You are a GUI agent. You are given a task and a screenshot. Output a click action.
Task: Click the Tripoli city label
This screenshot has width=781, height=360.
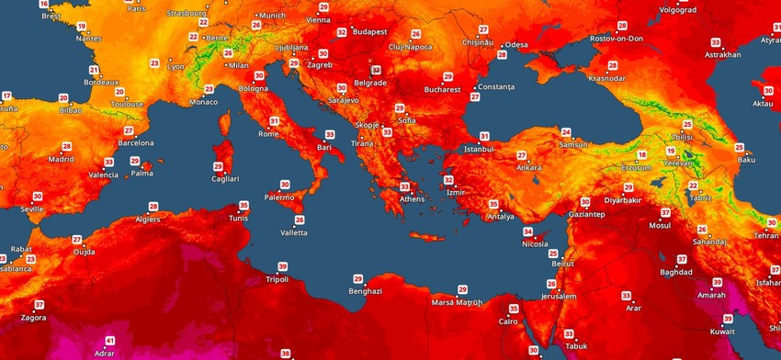click(x=277, y=279)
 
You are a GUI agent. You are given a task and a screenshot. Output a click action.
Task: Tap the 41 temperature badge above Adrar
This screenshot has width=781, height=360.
click(x=110, y=341)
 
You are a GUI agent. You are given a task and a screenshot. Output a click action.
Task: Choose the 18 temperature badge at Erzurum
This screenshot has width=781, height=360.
click(x=642, y=155)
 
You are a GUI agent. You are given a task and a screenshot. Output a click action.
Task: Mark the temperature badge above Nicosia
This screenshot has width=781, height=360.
click(x=528, y=231)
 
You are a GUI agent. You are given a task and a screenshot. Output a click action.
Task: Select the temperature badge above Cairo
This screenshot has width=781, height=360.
click(x=514, y=309)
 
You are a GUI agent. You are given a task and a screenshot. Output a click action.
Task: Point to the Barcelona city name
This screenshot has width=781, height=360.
click(x=135, y=143)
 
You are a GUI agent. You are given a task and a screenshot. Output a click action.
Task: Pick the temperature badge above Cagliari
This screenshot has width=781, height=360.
click(x=219, y=166)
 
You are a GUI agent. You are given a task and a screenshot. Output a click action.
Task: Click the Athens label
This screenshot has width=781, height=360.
click(x=412, y=198)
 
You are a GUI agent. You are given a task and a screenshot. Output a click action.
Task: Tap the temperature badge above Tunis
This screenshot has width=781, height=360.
click(x=243, y=205)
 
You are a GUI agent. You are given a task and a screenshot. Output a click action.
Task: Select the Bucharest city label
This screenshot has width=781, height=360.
click(x=442, y=90)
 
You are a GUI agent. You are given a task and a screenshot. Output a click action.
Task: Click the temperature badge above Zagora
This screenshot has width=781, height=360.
click(x=39, y=305)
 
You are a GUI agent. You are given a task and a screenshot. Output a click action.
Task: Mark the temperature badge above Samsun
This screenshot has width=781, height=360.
click(x=566, y=132)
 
